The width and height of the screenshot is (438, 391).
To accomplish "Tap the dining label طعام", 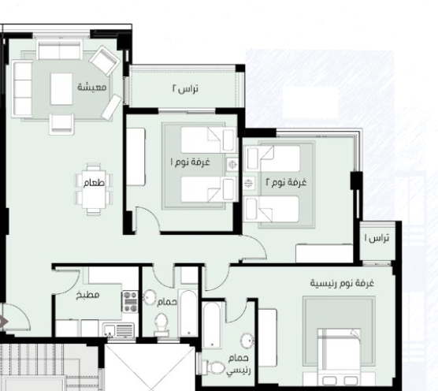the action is pyautogui.click(x=94, y=183).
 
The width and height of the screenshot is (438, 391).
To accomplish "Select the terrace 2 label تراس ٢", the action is pyautogui.click(x=185, y=88).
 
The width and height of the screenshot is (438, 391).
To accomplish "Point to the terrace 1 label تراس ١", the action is pyautogui.click(x=377, y=238).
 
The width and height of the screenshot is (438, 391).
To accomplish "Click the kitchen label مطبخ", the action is pyautogui.click(x=87, y=295).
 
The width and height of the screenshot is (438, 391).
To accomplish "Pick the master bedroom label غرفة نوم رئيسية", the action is pyautogui.click(x=342, y=283).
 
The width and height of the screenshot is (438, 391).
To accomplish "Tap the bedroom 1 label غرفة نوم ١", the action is pyautogui.click(x=190, y=162).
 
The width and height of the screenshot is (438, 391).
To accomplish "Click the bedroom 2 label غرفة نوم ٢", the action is pyautogui.click(x=286, y=182).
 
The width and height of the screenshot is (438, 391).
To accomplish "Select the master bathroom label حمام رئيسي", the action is pyautogui.click(x=238, y=364).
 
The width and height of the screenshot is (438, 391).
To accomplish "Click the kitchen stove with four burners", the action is pyautogui.click(x=130, y=302).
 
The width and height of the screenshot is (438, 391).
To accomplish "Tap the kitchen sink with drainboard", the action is pyautogui.click(x=118, y=330).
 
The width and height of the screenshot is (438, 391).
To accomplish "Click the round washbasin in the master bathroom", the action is pyautogui.click(x=247, y=341).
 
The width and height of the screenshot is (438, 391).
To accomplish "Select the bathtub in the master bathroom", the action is pyautogui.click(x=212, y=325).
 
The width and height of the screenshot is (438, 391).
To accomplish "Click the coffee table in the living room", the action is pyautogui.click(x=61, y=89).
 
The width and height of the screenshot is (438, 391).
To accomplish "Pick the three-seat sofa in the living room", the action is pyautogui.click(x=22, y=88).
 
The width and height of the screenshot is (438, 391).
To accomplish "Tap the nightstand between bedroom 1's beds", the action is pyautogui.click(x=232, y=164).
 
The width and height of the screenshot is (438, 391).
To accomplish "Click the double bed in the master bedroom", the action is pyautogui.click(x=339, y=357).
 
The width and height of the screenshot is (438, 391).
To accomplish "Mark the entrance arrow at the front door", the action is pyautogui.click(x=4, y=322).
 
